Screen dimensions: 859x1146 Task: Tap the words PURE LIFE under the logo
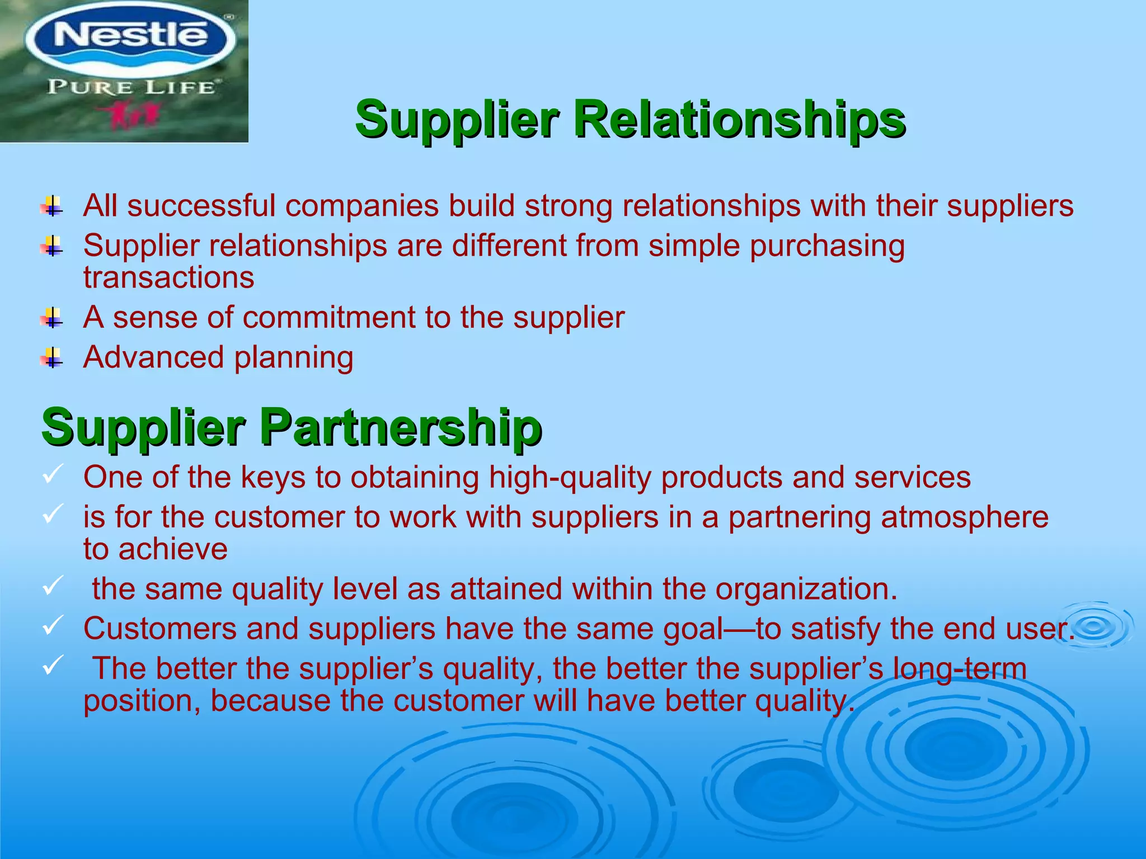pyautogui.click(x=132, y=87)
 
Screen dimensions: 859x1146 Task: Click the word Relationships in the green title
pyautogui.click(x=739, y=120)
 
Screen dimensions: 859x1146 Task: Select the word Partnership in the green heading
pyautogui.click(x=401, y=427)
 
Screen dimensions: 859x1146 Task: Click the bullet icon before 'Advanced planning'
pyautogui.click(x=52, y=358)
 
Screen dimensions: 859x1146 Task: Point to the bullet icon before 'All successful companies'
pyautogui.click(x=52, y=206)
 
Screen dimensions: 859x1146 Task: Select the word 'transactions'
pyautogui.click(x=168, y=278)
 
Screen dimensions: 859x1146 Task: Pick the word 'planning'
pyautogui.click(x=294, y=358)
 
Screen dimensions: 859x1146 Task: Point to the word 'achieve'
pyautogui.click(x=173, y=549)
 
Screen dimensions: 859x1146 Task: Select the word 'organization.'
pyautogui.click(x=806, y=589)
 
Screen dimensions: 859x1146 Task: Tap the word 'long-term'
pyautogui.click(x=959, y=669)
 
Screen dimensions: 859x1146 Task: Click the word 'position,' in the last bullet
pyautogui.click(x=142, y=701)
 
